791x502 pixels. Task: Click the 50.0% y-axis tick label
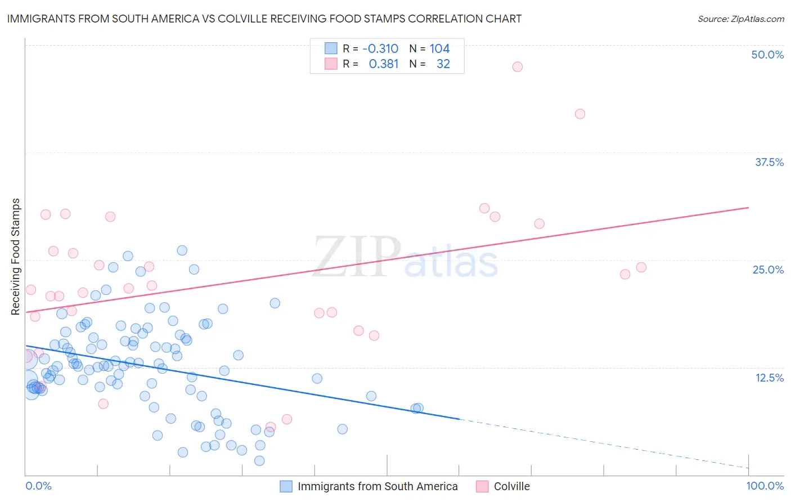(767, 55)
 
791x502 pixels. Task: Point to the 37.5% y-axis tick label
(768, 162)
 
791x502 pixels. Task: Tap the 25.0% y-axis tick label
(768, 270)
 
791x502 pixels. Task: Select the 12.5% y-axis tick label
(769, 378)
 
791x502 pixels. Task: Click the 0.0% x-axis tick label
(38, 486)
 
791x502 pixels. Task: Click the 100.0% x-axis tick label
(765, 486)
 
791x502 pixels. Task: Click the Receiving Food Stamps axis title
(16, 257)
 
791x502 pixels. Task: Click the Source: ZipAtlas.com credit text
(740, 19)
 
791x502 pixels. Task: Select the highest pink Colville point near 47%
(517, 67)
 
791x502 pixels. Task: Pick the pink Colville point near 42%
(580, 114)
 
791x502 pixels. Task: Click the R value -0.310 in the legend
(380, 49)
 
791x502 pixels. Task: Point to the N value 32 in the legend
(443, 64)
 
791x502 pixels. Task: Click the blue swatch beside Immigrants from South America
(286, 486)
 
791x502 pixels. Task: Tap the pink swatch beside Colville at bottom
(482, 486)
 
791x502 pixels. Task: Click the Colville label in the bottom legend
(511, 486)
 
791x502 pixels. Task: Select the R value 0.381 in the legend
(383, 64)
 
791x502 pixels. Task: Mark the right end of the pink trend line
(749, 208)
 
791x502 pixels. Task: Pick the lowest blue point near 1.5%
(259, 461)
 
